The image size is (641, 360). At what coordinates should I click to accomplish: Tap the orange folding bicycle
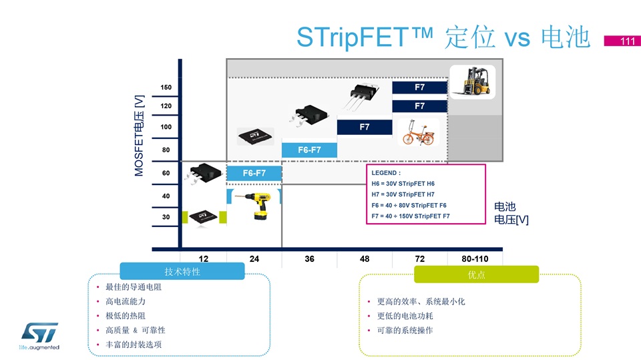click(418, 132)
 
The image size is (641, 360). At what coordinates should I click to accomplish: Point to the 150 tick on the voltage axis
click(166, 87)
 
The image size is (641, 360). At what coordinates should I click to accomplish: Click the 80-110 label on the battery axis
click(475, 258)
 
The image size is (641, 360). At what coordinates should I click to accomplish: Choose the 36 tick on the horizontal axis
click(309, 258)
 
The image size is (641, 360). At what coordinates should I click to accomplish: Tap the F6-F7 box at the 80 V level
click(309, 150)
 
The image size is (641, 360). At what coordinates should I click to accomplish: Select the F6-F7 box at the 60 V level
click(254, 173)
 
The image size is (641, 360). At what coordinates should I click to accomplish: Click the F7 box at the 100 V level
click(365, 127)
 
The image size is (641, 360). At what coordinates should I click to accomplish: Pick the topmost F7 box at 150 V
click(420, 87)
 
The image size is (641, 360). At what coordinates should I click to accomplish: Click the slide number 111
click(627, 41)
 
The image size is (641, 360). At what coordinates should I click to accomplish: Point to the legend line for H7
click(403, 194)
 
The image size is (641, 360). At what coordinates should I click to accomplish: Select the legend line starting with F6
click(409, 205)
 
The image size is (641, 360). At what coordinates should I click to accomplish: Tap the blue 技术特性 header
click(182, 272)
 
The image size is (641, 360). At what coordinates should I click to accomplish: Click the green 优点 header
click(476, 275)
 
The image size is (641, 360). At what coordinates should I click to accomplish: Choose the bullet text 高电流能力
click(126, 301)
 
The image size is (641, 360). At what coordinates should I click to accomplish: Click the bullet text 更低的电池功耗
click(405, 316)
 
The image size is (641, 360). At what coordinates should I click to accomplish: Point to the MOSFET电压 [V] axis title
click(139, 136)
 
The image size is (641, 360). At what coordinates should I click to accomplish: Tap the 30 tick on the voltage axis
click(166, 217)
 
